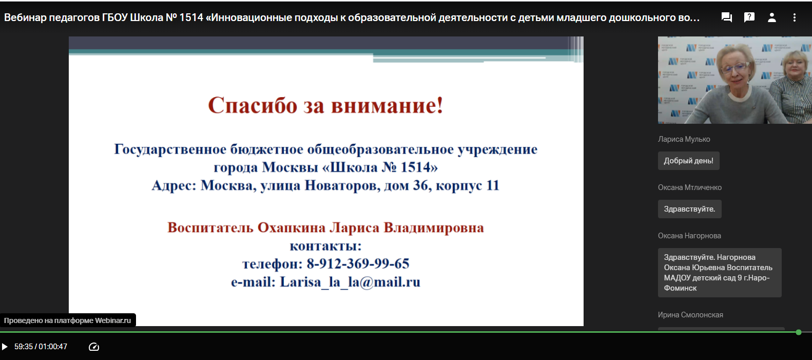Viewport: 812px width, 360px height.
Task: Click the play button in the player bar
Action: tap(5, 347)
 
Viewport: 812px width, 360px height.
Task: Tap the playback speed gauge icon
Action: tap(94, 347)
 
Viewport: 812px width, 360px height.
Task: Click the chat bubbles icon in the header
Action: tap(726, 17)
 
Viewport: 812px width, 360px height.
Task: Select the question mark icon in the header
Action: tap(749, 17)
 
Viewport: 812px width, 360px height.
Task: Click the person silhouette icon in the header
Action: tap(772, 17)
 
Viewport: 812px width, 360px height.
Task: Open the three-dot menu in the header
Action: tap(794, 17)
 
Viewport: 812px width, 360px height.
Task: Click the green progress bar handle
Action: tap(798, 332)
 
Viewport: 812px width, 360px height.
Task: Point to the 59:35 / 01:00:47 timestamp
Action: tap(41, 347)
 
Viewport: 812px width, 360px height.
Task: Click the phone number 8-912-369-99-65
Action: tap(358, 263)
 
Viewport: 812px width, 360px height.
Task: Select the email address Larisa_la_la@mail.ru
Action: tap(350, 282)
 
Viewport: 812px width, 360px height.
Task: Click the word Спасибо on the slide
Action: tap(253, 105)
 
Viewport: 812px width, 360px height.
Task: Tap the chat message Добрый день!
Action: tap(688, 161)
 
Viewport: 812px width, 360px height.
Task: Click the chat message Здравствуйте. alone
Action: tap(689, 209)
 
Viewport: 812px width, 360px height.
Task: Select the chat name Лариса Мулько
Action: tap(684, 139)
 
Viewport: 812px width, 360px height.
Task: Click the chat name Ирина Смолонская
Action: tap(690, 315)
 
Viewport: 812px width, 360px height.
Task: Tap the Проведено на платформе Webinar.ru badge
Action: tap(68, 320)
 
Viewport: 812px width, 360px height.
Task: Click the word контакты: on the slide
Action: tap(325, 246)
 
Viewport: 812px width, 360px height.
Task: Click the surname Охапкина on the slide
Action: tap(291, 228)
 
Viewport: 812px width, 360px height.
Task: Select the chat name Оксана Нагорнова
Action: tap(689, 236)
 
